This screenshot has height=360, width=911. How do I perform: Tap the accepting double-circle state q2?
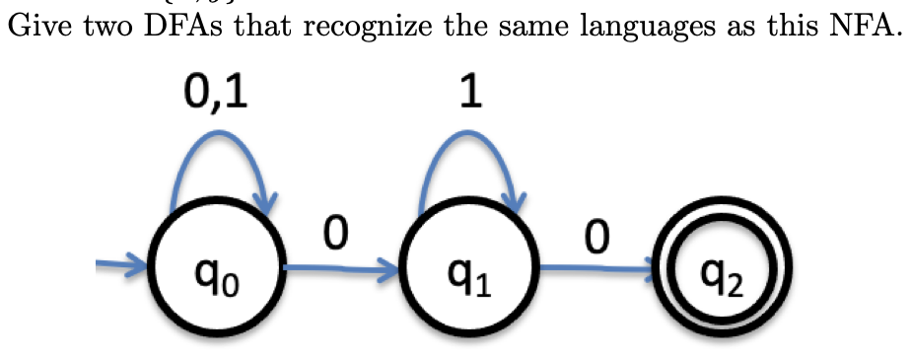click(724, 266)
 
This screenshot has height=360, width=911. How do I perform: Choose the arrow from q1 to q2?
click(595, 266)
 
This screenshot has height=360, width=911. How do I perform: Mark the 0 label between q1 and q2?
click(595, 238)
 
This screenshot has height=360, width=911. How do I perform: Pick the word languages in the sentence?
click(629, 26)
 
